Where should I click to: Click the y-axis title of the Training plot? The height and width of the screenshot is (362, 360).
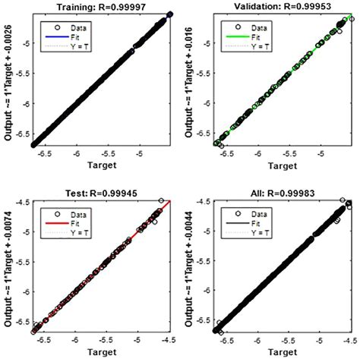[x=9, y=80]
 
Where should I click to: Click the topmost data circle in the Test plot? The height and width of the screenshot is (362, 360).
[x=161, y=200]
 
